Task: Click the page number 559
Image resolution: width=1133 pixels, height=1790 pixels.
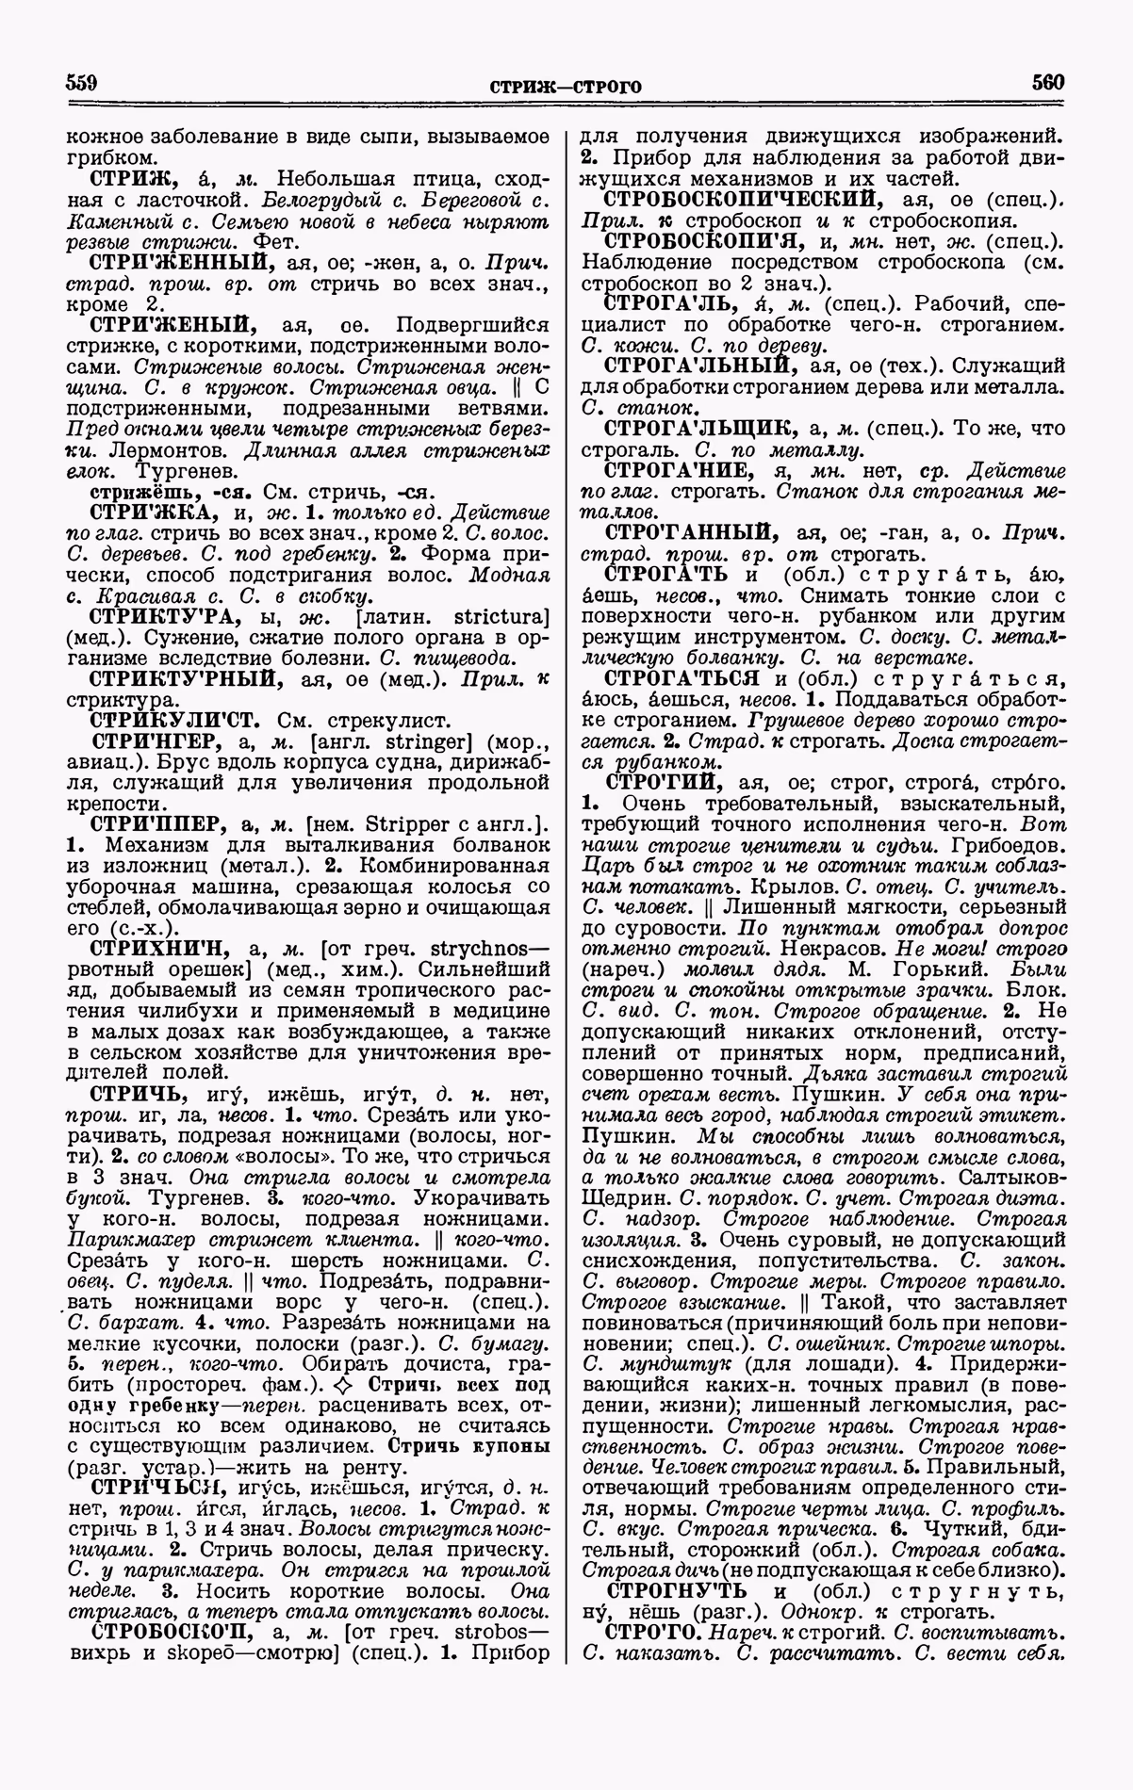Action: tap(83, 83)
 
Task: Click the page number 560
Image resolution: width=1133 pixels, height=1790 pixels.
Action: tap(1047, 83)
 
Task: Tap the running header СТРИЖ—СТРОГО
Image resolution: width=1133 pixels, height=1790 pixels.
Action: tap(566, 88)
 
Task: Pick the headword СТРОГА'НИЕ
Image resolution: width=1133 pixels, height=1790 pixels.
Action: tap(677, 471)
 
